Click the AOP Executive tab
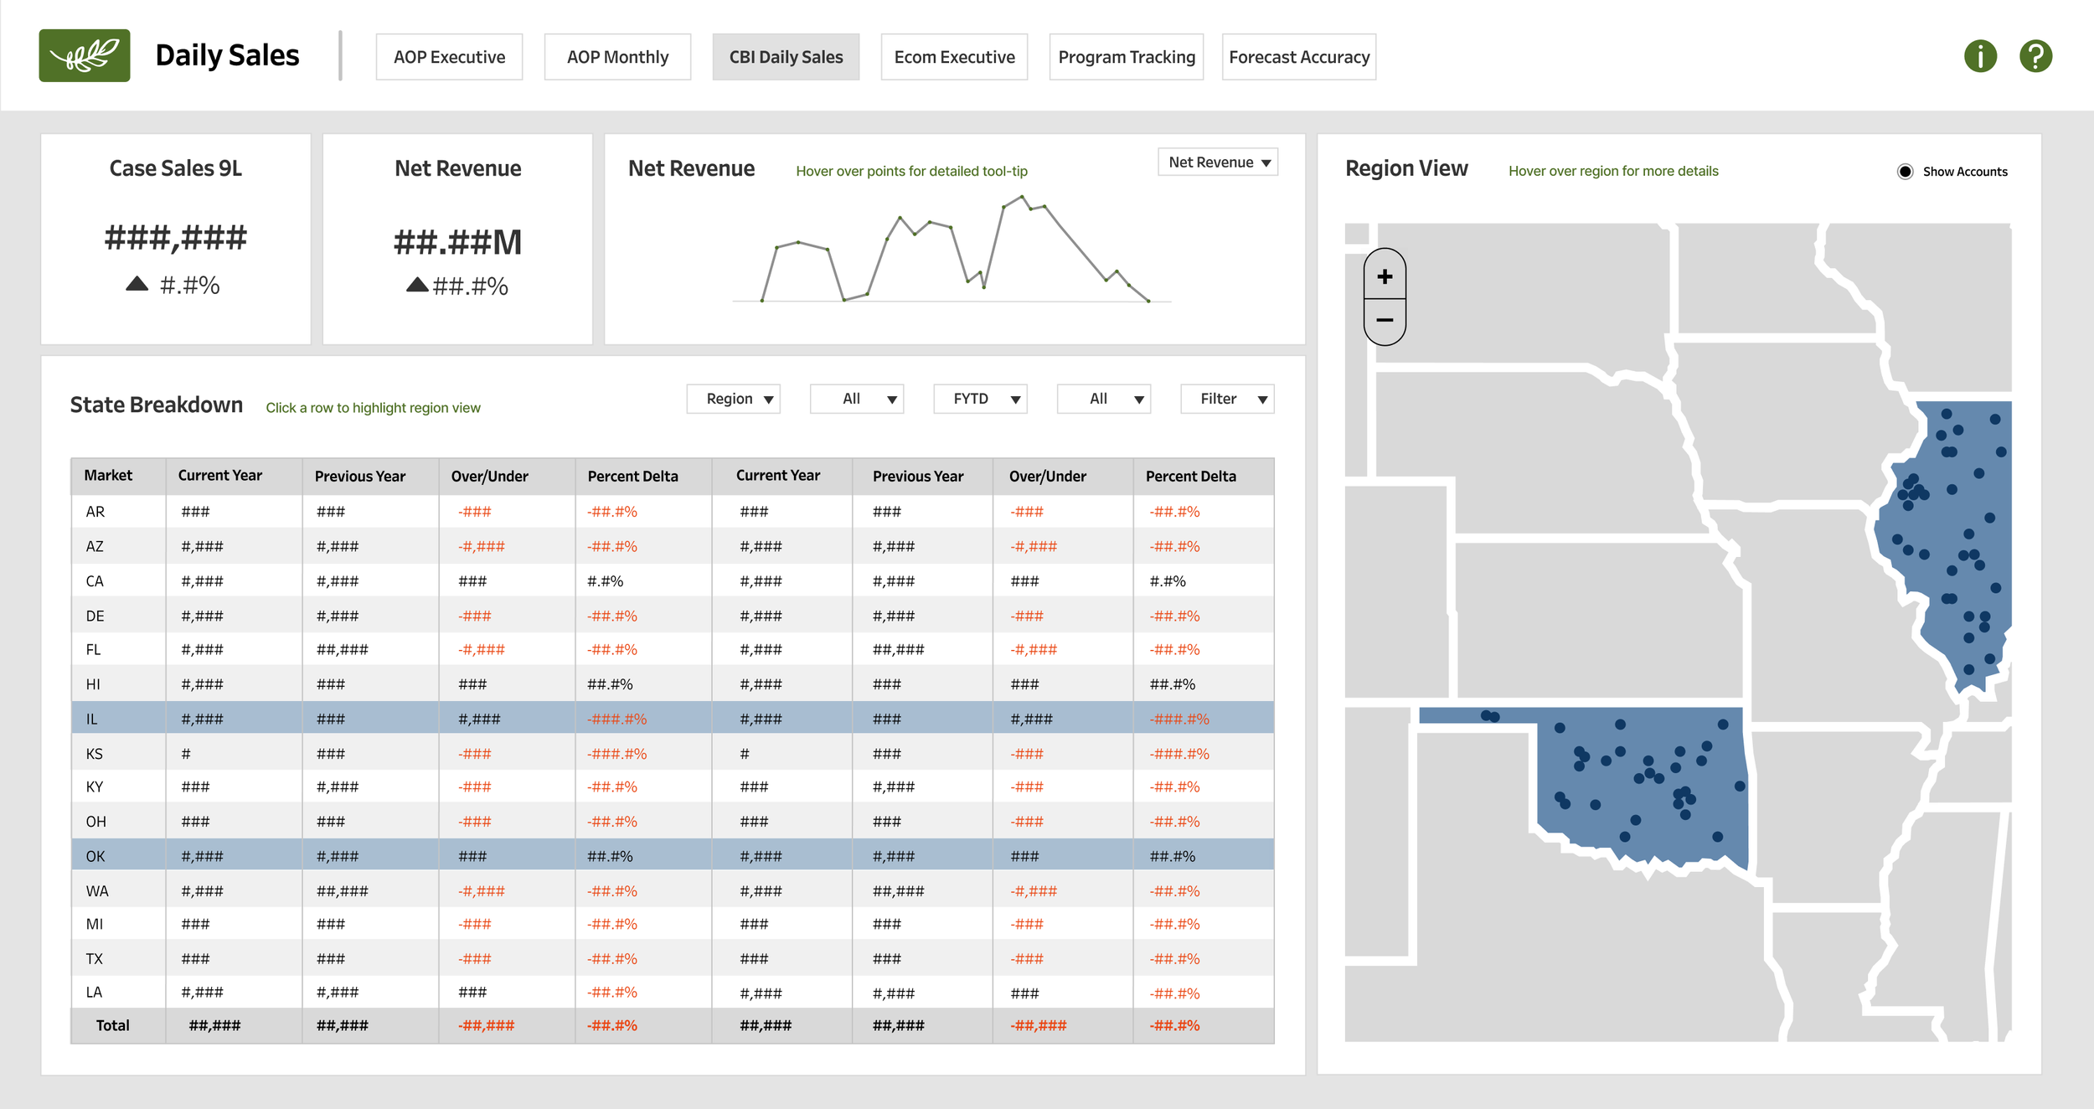pyautogui.click(x=449, y=57)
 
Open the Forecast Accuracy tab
pyautogui.click(x=1298, y=57)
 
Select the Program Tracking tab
pyautogui.click(x=1126, y=57)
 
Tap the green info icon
pyautogui.click(x=1980, y=56)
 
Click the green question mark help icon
pyautogui.click(x=2035, y=56)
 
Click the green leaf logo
pyautogui.click(x=85, y=55)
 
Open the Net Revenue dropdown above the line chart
pyautogui.click(x=1218, y=162)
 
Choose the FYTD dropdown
pyautogui.click(x=980, y=399)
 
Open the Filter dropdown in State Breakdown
pyautogui.click(x=1227, y=399)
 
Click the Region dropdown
pyautogui.click(x=733, y=399)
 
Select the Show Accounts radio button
pyautogui.click(x=1905, y=172)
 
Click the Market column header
pyautogui.click(x=108, y=476)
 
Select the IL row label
pyautogui.click(x=91, y=719)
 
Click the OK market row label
pyautogui.click(x=95, y=856)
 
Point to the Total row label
pyautogui.click(x=112, y=1025)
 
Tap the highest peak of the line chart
pyautogui.click(x=1022, y=197)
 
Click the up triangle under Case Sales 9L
pyautogui.click(x=137, y=284)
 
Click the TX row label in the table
pyautogui.click(x=95, y=958)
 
